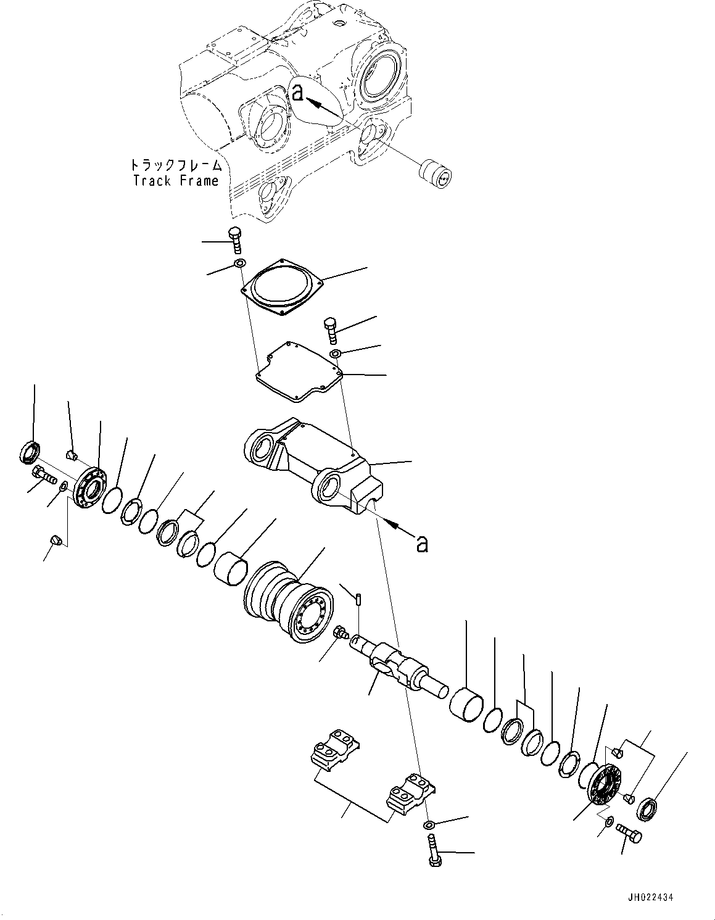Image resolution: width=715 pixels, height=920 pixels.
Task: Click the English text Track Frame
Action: click(176, 181)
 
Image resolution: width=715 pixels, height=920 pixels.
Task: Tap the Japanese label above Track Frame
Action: click(175, 165)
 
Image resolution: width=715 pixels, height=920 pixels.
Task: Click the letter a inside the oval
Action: click(298, 93)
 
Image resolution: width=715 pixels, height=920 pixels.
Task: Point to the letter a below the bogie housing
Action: click(422, 544)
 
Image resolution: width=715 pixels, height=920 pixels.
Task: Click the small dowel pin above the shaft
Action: click(358, 598)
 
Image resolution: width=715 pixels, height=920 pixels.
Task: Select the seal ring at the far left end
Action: click(30, 452)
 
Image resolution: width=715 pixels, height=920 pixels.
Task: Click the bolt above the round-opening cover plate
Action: click(236, 240)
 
